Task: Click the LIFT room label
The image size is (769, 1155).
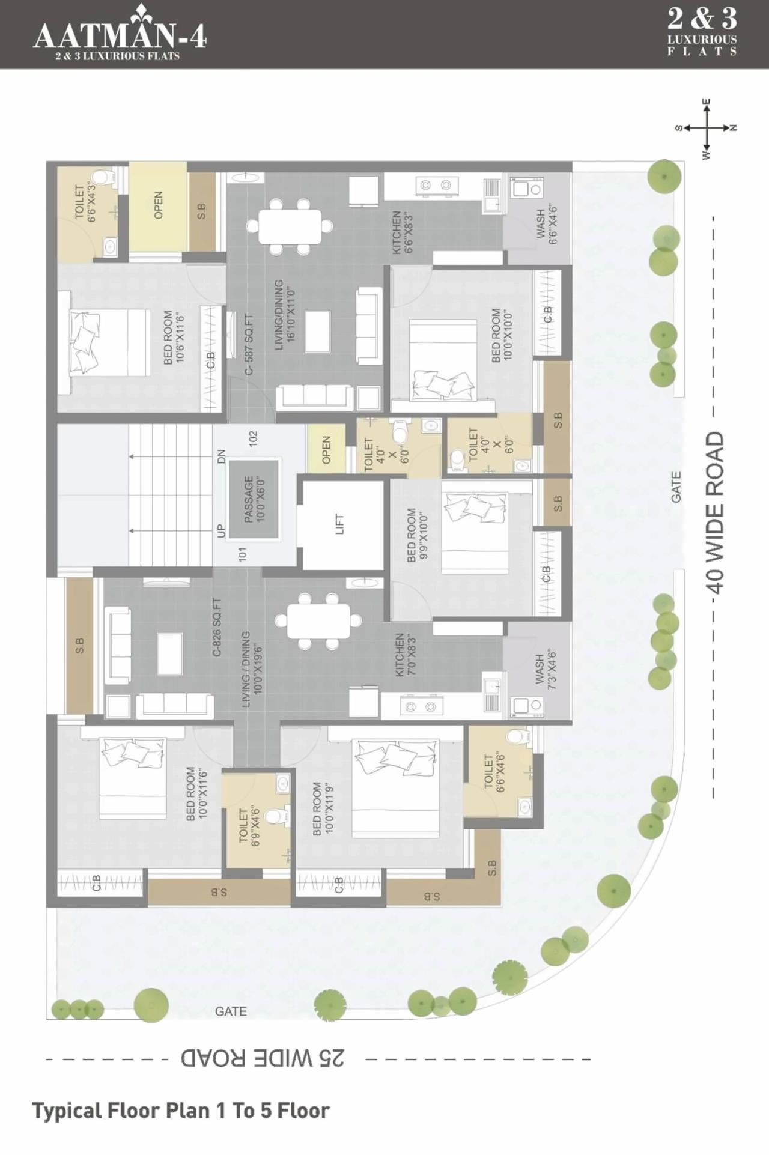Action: click(339, 524)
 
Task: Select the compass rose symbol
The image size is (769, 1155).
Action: click(707, 128)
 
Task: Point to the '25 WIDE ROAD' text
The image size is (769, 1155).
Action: click(263, 1058)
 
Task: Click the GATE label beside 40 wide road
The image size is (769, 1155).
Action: click(676, 487)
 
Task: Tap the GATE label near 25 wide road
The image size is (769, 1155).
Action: click(231, 1011)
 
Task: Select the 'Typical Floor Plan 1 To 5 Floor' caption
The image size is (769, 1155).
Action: click(181, 1111)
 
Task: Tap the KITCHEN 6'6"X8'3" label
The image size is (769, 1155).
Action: click(402, 232)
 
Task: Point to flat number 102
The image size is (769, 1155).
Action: click(253, 438)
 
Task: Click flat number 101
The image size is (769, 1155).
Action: click(243, 553)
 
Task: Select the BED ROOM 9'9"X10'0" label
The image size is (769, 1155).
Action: click(417, 535)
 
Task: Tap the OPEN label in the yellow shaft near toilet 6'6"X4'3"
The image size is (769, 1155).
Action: click(159, 205)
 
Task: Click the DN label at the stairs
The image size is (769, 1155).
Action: click(221, 456)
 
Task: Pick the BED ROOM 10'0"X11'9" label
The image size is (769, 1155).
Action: click(323, 808)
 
